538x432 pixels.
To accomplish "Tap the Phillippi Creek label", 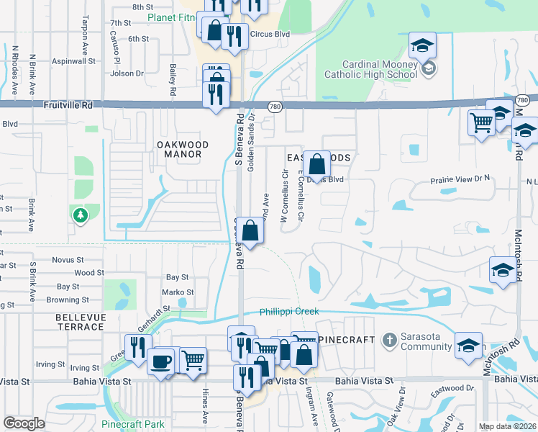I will point(289,312).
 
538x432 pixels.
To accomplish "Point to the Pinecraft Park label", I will point(133,424).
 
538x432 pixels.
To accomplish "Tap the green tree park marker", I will point(80,214).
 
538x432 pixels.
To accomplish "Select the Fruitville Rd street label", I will point(68,105).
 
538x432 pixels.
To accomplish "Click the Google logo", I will point(24,423).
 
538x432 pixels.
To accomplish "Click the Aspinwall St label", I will point(72,62).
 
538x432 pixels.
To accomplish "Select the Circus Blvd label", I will point(269,33).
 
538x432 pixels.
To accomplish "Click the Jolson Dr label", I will point(128,73).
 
